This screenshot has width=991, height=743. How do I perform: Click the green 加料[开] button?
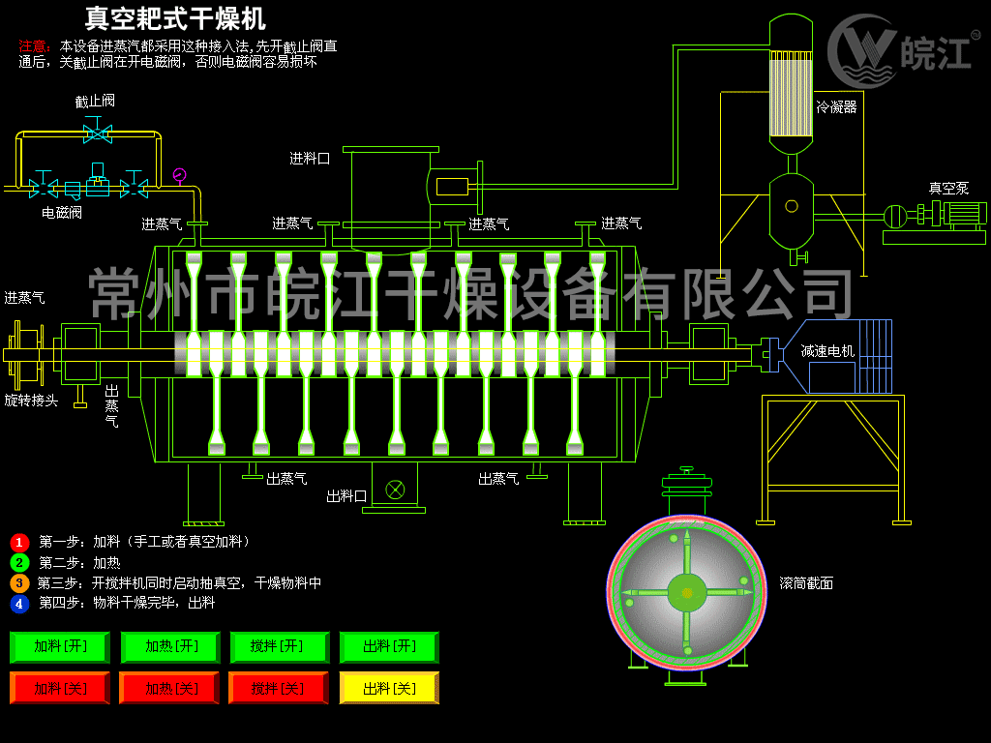click(60, 646)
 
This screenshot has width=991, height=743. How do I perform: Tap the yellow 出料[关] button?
click(389, 688)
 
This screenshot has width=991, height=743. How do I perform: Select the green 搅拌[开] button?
click(280, 646)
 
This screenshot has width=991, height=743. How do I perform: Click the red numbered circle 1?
click(19, 542)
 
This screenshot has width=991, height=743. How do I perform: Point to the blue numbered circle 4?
click(19, 604)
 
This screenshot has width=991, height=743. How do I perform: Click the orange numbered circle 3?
click(19, 583)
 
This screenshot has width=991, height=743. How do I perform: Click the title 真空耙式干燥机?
click(175, 18)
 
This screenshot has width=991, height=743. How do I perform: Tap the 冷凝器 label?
click(836, 106)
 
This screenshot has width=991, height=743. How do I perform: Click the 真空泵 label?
click(948, 188)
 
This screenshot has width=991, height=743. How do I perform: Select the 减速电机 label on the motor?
click(827, 350)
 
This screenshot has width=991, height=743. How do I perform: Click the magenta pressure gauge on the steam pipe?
click(179, 174)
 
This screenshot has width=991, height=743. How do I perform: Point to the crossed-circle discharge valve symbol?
click(395, 489)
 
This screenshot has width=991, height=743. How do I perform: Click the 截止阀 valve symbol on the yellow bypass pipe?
click(98, 134)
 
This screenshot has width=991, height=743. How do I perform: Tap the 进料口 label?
click(310, 159)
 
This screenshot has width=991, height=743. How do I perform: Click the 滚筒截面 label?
click(806, 583)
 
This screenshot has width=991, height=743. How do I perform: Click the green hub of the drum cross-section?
click(687, 593)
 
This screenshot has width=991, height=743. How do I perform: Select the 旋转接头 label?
click(31, 401)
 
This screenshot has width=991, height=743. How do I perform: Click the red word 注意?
click(34, 46)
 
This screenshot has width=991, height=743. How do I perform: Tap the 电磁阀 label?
click(62, 213)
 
